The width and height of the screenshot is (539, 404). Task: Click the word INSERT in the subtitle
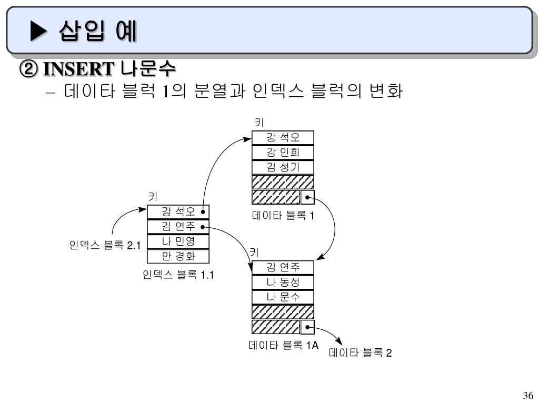pos(78,69)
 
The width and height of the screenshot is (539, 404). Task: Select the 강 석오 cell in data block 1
pos(283,138)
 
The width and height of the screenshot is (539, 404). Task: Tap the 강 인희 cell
pos(283,153)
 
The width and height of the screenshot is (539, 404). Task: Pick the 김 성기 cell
pos(283,167)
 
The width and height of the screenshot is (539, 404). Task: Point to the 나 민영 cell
pos(178,241)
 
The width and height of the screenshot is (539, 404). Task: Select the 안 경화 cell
pos(178,256)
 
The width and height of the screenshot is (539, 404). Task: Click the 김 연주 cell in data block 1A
pos(283,268)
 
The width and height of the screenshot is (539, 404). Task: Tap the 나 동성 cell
pos(283,282)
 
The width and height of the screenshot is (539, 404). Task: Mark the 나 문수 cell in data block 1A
pos(283,297)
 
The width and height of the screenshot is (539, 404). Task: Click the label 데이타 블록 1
pos(283,215)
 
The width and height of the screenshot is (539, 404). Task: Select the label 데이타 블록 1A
pos(284,345)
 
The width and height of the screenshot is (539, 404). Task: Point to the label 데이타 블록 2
pos(361,353)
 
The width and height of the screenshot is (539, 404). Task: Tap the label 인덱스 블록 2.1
pos(105,245)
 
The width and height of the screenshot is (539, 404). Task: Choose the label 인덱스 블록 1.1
pos(178,274)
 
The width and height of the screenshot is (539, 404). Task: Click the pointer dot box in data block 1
pos(307,197)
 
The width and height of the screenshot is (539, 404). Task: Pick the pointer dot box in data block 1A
pos(307,327)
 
